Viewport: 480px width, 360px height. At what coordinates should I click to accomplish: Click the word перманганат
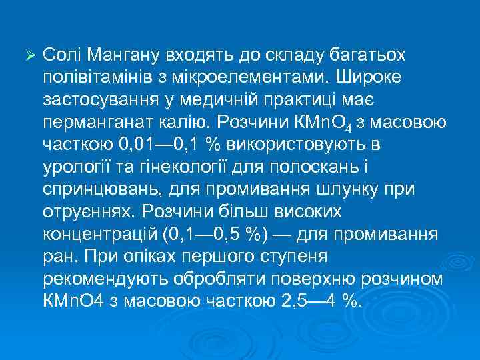98,124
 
